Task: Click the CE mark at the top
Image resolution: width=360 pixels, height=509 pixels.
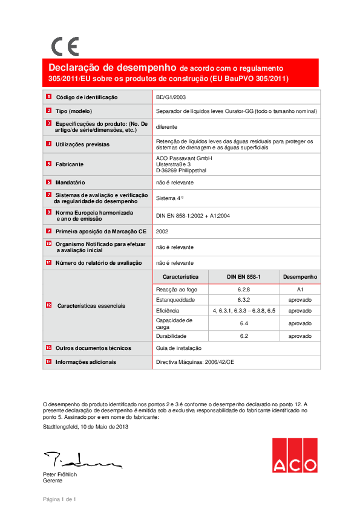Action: (65, 47)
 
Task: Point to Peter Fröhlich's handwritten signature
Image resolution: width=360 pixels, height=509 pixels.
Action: (81, 460)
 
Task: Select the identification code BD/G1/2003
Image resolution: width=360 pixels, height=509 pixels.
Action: (172, 97)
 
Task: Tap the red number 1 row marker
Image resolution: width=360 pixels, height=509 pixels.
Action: (48, 97)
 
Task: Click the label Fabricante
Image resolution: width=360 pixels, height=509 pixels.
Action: (70, 164)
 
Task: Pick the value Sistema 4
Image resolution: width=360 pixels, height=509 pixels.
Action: (170, 198)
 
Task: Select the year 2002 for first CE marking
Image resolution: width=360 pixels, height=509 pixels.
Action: (162, 231)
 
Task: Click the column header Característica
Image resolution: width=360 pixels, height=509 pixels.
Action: (180, 276)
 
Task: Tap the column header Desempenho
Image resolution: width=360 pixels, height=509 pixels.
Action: (299, 276)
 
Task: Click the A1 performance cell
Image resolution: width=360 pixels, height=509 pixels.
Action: (299, 290)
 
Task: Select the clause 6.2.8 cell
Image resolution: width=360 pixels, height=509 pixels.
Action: (244, 290)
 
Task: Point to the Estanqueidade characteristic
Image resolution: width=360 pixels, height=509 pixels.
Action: (175, 300)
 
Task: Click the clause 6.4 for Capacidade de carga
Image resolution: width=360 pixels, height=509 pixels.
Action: (244, 323)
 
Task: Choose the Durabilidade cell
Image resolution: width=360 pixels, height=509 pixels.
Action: (171, 336)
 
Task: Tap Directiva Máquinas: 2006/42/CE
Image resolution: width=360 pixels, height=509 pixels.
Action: (195, 362)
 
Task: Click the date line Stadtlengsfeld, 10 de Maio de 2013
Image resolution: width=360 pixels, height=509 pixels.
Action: (85, 427)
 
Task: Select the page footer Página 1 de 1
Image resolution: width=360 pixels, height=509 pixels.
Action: (59, 499)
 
